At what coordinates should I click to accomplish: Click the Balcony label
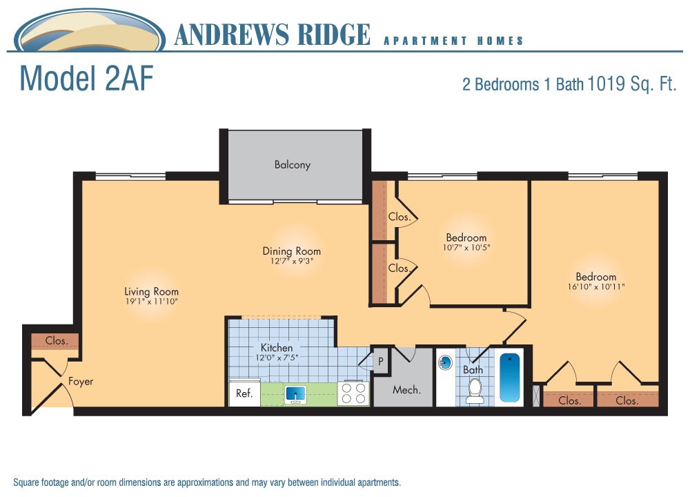pyautogui.click(x=293, y=165)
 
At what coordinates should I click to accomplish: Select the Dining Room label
pyautogui.click(x=291, y=251)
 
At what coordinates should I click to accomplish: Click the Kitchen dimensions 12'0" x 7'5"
pyautogui.click(x=276, y=358)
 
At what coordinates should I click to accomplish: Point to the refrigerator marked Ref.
pyautogui.click(x=244, y=393)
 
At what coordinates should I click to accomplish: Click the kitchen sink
pyautogui.click(x=296, y=395)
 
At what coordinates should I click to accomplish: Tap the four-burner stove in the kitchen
pyautogui.click(x=353, y=393)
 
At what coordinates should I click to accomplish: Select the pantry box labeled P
pyautogui.click(x=379, y=361)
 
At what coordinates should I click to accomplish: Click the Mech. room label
pyautogui.click(x=406, y=390)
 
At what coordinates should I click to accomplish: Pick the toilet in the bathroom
pyautogui.click(x=474, y=391)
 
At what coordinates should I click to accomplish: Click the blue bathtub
pyautogui.click(x=509, y=378)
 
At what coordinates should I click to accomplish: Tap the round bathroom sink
pyautogui.click(x=446, y=362)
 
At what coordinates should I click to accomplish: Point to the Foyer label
pyautogui.click(x=81, y=381)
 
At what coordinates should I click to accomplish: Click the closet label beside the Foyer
pyautogui.click(x=57, y=341)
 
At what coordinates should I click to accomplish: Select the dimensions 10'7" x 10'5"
pyautogui.click(x=466, y=247)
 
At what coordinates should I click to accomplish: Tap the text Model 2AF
pyautogui.click(x=86, y=79)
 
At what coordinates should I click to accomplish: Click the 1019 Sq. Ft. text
pyautogui.click(x=631, y=85)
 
